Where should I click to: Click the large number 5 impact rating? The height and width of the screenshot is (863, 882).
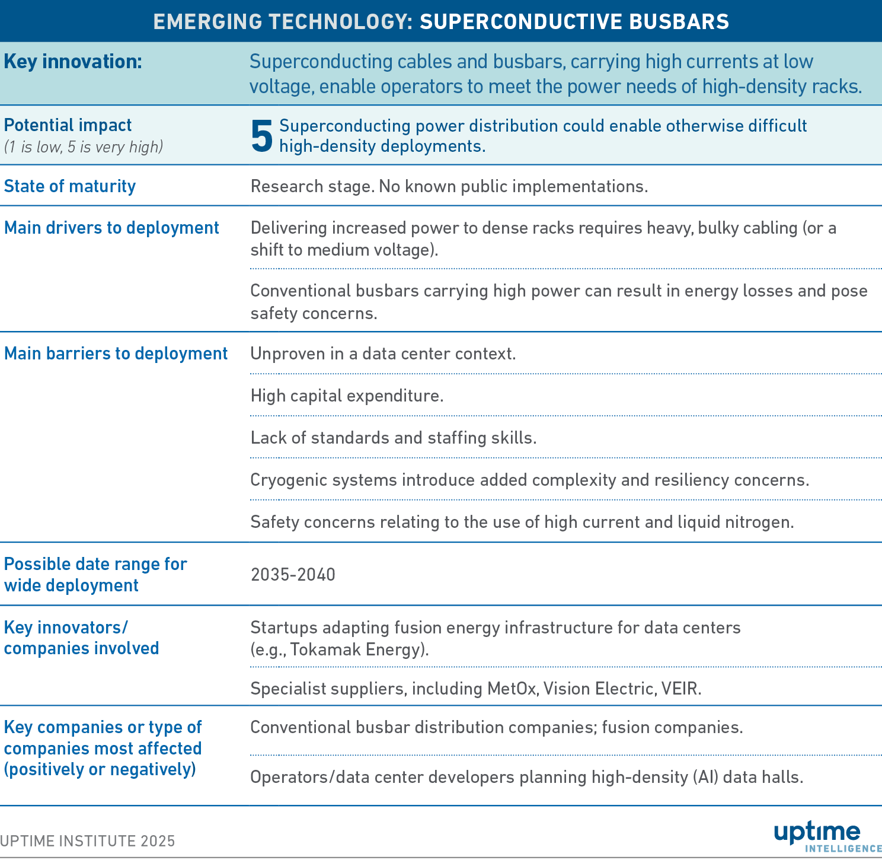[262, 136]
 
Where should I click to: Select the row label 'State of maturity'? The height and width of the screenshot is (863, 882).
[70, 186]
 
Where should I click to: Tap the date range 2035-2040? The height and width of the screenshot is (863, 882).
[293, 575]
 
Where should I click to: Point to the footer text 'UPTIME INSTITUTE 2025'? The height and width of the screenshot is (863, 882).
[88, 841]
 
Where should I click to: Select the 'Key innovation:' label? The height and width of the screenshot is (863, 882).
[73, 62]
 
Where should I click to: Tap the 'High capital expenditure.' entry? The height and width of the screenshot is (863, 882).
[347, 396]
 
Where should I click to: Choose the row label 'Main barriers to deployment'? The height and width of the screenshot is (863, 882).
[116, 354]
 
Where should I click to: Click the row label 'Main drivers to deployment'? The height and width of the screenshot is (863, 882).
[111, 228]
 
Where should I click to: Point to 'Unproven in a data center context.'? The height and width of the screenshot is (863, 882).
[383, 354]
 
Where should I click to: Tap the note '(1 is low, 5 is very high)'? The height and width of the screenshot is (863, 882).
[84, 147]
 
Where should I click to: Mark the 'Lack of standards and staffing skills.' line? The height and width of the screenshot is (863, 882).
[394, 438]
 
